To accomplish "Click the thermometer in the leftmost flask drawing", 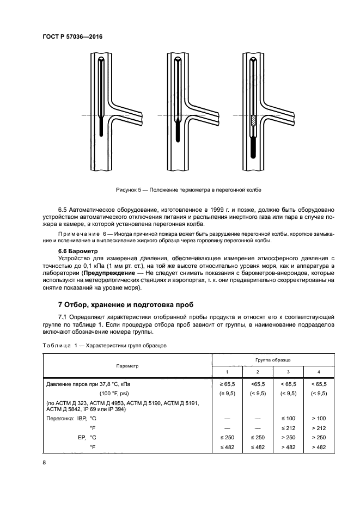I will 102,98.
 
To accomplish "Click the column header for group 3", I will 288,372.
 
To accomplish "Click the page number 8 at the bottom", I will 44,462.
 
